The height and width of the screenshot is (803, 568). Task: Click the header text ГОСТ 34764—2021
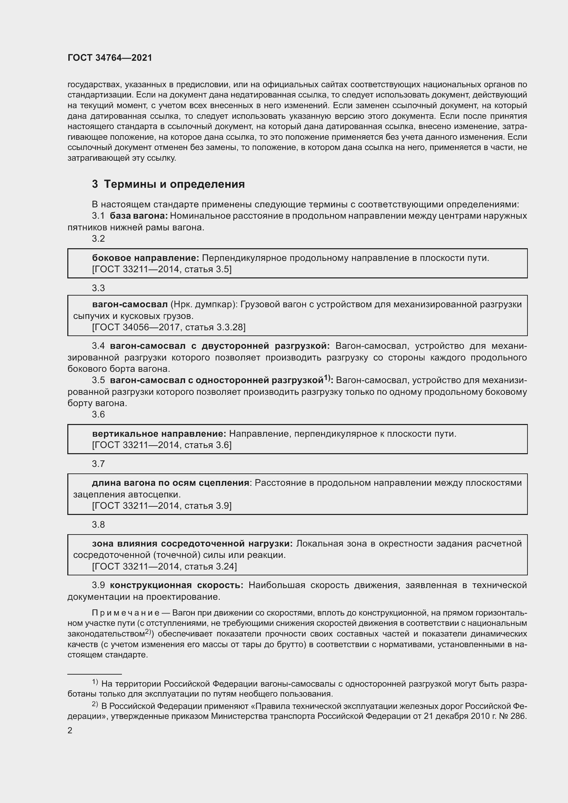[110, 58]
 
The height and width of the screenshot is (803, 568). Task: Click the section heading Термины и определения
[174, 184]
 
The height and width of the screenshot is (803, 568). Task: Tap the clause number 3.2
[98, 239]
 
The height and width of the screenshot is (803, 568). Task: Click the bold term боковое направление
[146, 258]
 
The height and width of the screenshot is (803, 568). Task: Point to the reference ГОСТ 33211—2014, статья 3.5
[162, 269]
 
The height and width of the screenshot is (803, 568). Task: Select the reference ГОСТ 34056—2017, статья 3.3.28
[169, 327]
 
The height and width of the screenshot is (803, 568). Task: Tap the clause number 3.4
[98, 346]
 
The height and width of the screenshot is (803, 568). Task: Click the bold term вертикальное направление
[159, 434]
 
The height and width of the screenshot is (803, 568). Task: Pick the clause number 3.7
[98, 464]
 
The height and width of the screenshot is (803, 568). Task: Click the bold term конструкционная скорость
[177, 585]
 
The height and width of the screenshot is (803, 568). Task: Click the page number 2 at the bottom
[70, 730]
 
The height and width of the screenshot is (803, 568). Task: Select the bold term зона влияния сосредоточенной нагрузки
[192, 543]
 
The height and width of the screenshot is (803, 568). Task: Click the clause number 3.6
[98, 414]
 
